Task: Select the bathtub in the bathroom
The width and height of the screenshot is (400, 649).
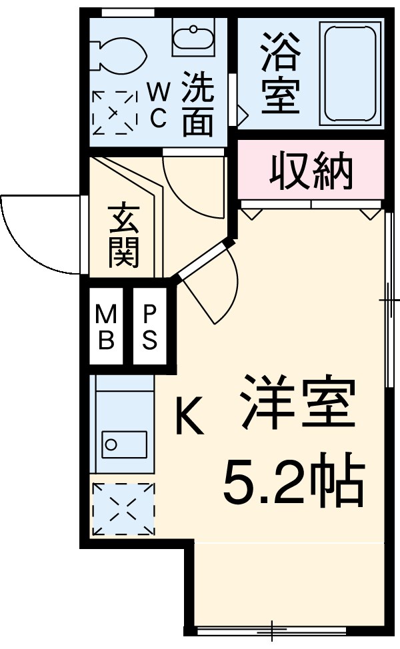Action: [349, 73]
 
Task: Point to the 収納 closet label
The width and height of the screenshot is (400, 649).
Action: [311, 170]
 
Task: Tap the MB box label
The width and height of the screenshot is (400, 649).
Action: [106, 326]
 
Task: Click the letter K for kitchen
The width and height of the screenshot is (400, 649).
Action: [189, 416]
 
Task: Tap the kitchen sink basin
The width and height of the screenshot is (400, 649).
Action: [124, 444]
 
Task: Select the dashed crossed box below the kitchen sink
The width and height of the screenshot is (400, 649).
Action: [123, 509]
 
